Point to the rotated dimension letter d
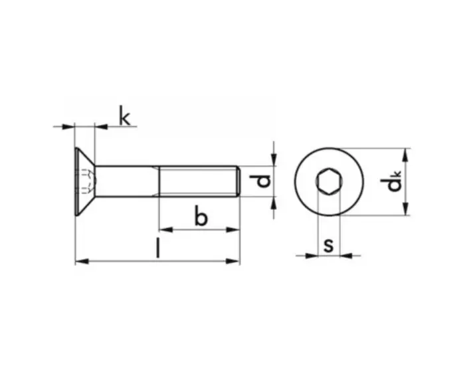coord(260,181)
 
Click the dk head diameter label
coord(391,181)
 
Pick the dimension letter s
coord(329,246)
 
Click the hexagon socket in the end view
coord(329,181)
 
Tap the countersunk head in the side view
coord(85,181)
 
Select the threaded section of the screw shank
coord(198,181)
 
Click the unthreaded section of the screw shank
coord(127,181)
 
